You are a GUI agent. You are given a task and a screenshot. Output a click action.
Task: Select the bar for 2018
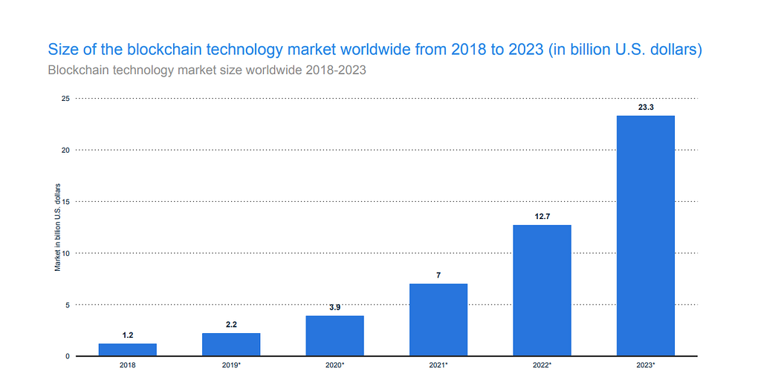pos(127,350)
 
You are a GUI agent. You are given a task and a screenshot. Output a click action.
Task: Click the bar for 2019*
pos(231,344)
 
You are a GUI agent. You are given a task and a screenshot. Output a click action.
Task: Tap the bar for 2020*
pos(334,335)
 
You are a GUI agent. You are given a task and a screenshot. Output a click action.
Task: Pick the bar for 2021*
pos(438,320)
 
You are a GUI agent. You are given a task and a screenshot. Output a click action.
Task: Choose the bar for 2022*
pos(542,290)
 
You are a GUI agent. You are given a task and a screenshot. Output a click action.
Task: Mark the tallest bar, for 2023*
pos(646,236)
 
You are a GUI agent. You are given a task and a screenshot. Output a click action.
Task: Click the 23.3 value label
pos(646,108)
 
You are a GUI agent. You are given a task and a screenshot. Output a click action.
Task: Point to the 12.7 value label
pos(542,217)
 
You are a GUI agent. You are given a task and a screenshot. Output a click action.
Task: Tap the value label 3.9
pos(334,307)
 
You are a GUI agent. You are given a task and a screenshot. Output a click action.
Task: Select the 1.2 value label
pos(127,335)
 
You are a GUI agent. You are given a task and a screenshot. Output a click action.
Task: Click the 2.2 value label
pos(231,325)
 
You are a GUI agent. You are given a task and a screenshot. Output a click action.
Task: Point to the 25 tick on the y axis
pos(65,98)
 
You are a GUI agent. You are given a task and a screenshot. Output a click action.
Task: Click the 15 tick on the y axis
pos(65,201)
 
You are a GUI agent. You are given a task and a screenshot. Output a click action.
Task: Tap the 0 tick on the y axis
pos(68,356)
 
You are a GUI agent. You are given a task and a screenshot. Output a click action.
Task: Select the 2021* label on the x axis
pos(438,365)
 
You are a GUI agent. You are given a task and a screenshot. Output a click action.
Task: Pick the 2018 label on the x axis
pos(127,365)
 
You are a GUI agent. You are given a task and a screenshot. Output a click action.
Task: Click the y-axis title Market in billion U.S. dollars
pos(57,226)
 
